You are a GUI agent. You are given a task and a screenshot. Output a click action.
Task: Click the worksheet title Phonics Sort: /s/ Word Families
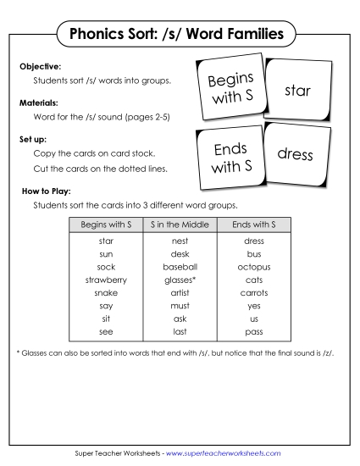[x=180, y=36]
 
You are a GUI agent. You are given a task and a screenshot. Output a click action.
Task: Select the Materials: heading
[x=38, y=101]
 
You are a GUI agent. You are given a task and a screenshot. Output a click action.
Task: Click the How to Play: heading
[x=45, y=191]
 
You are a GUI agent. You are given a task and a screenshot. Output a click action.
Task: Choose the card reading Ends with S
[x=230, y=158]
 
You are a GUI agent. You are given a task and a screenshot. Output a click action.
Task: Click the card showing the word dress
[x=295, y=155]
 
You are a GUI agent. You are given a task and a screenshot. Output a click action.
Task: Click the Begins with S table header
[x=106, y=225]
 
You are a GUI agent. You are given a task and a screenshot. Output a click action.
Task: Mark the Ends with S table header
[x=242, y=225]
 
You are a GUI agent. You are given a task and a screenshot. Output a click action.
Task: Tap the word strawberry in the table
[x=106, y=279]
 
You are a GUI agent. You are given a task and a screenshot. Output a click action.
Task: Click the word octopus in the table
[x=242, y=266]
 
